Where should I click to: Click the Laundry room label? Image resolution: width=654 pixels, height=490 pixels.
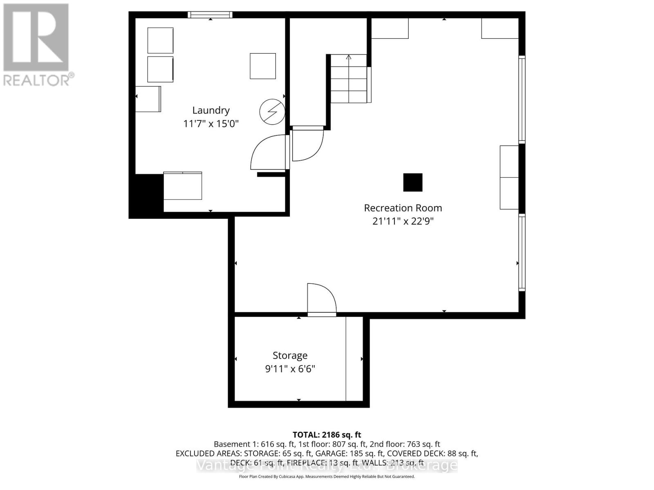coord(211,110)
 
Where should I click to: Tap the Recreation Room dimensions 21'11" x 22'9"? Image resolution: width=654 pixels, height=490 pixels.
coord(403,221)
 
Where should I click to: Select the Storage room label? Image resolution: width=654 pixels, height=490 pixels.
coord(290,356)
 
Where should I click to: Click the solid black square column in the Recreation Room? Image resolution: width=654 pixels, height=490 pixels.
coord(413,183)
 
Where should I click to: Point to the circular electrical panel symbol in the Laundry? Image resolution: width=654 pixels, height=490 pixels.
coord(272,111)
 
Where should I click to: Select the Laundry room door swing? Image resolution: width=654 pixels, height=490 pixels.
coord(267,152)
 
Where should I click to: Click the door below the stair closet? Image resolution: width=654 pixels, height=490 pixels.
coord(308,144)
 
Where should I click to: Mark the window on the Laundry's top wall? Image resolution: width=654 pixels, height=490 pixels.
coord(210,15)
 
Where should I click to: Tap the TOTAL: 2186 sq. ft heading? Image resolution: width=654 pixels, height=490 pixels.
coord(327,435)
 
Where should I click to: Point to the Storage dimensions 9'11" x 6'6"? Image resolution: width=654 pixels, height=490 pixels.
coord(290,369)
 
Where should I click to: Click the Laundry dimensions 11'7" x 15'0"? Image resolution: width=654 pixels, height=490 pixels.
coord(211,123)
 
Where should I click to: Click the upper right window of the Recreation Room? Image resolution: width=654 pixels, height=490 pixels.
coord(522,99)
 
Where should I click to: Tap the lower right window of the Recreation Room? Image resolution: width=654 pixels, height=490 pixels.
coord(522,252)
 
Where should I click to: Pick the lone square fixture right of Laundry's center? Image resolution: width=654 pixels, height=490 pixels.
coord(263,66)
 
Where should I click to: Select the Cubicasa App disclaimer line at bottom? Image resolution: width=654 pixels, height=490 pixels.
coord(327,477)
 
